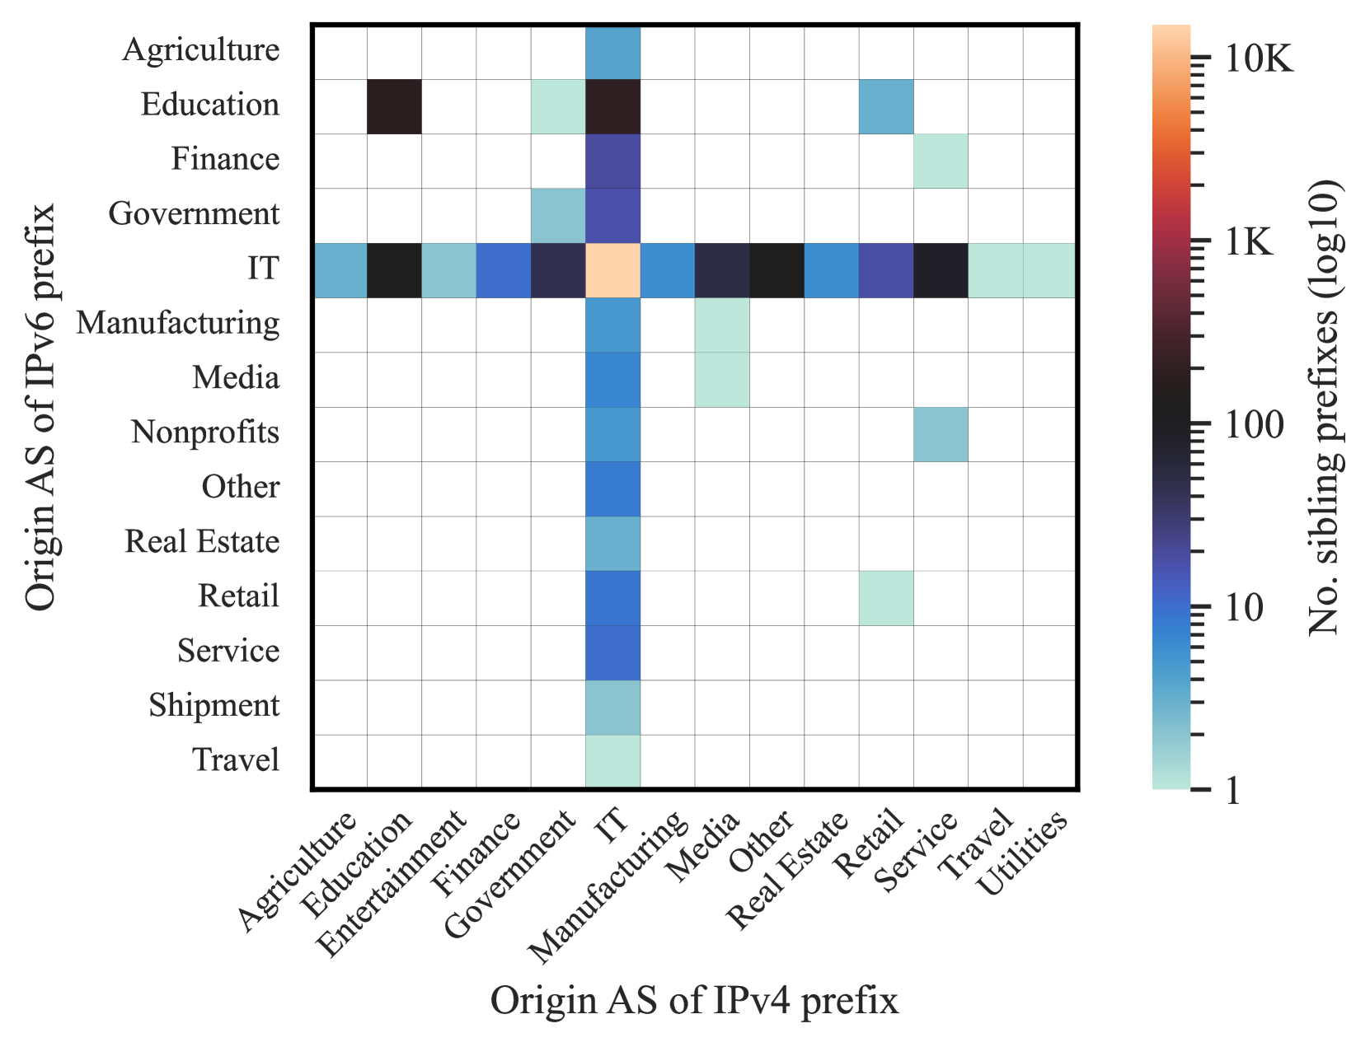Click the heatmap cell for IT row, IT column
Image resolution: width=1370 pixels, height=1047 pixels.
(612, 270)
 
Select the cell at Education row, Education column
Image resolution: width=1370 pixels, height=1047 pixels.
(394, 106)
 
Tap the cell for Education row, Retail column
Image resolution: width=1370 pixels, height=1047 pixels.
(885, 106)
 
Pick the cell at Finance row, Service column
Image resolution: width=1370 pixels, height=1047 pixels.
(941, 161)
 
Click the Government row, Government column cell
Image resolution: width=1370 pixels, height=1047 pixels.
(558, 216)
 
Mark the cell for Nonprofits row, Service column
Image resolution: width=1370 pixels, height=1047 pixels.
(941, 434)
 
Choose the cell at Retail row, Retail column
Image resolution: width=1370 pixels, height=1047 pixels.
(885, 598)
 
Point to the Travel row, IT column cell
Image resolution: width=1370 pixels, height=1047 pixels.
(612, 761)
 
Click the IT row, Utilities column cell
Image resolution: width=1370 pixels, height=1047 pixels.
(1049, 270)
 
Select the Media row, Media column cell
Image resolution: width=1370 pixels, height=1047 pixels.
(722, 380)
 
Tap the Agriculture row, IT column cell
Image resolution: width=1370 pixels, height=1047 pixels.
(612, 52)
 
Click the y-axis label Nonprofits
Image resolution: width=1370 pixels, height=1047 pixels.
(204, 432)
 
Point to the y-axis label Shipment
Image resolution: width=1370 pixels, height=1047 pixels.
(213, 706)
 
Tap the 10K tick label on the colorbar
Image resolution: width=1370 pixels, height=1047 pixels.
(1258, 59)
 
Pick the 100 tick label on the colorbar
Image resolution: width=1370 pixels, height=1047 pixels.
(1254, 426)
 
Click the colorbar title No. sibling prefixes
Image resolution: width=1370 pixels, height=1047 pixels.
(1325, 408)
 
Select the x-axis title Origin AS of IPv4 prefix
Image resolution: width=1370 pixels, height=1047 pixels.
(694, 1002)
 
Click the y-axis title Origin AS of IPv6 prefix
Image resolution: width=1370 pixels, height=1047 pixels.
(40, 407)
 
